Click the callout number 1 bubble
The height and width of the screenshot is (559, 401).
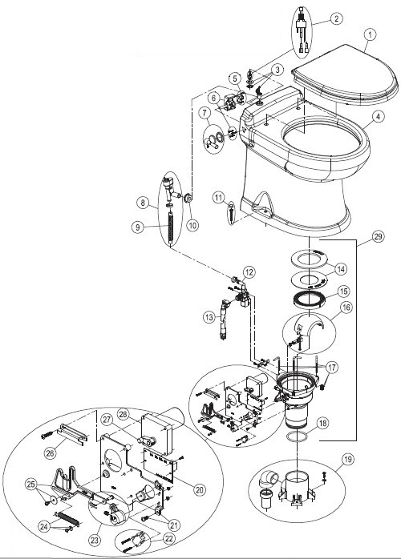[x=370, y=34]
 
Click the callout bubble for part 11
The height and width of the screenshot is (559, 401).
[x=217, y=197]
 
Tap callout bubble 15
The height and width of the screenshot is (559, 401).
[x=342, y=292]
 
